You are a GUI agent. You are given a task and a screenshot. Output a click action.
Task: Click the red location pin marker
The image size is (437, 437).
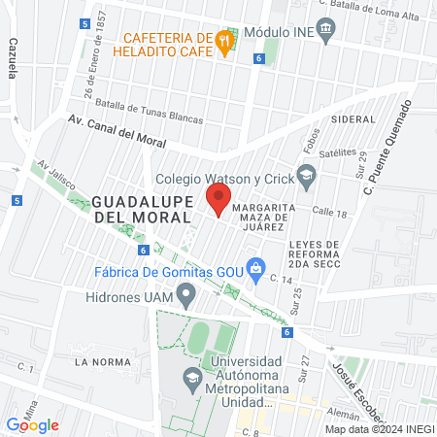(x=218, y=200)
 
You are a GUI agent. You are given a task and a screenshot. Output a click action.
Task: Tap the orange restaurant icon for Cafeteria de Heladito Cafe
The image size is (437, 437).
(x=224, y=41)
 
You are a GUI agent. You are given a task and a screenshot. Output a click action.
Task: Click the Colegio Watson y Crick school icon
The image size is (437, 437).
(x=306, y=177)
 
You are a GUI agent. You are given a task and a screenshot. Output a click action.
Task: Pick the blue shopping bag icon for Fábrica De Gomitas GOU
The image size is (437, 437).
(x=256, y=267)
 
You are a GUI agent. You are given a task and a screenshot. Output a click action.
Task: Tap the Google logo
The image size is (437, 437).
(x=33, y=424)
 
